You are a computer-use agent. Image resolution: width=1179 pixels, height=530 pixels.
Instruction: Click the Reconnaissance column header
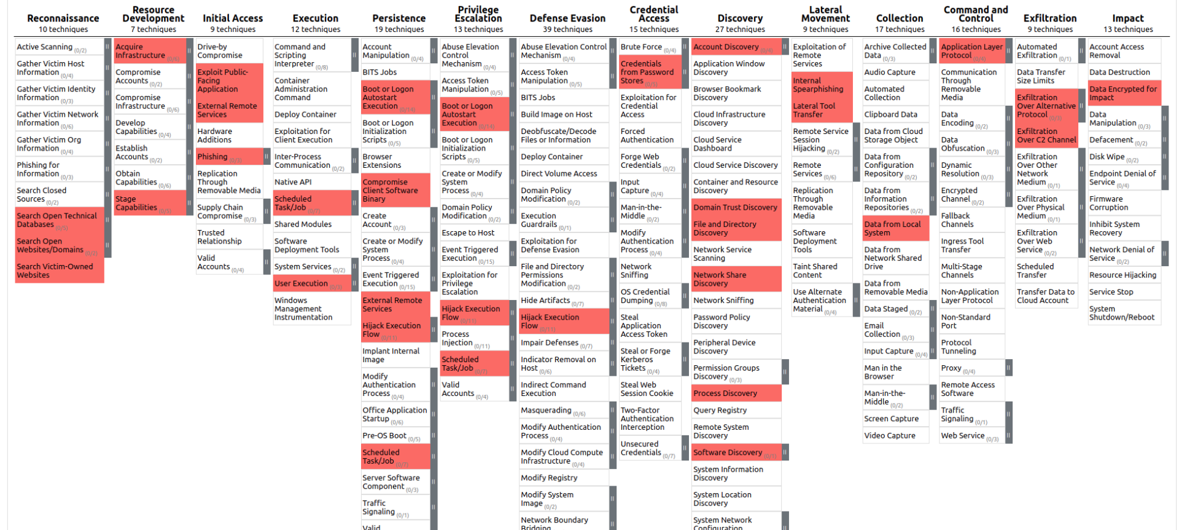point(63,18)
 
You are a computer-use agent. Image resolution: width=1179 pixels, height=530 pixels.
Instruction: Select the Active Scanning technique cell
point(45,47)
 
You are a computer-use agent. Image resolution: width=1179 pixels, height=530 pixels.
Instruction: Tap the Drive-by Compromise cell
point(220,51)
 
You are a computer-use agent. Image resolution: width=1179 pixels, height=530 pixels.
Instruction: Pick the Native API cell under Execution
point(294,182)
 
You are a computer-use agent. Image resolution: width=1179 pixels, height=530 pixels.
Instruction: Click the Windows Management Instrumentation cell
point(303,309)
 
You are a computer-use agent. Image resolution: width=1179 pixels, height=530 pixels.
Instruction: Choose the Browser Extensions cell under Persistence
point(382,161)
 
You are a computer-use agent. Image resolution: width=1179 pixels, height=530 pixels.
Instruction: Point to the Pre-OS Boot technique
point(384,436)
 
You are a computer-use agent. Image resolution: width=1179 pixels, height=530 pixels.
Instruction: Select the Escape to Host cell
point(468,233)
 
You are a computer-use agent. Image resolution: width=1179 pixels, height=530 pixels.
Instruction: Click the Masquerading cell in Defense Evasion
point(546,410)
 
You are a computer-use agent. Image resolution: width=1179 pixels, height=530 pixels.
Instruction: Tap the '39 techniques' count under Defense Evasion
point(567,30)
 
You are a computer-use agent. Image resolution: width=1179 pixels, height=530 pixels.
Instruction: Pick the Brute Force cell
point(641,47)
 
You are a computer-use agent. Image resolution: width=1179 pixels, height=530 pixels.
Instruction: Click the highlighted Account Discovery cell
point(726,47)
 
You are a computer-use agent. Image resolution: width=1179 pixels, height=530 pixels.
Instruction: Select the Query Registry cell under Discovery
point(720,410)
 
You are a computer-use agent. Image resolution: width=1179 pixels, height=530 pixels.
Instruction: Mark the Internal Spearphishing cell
point(818,85)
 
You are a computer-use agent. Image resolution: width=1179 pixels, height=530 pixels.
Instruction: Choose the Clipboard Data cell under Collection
point(891,114)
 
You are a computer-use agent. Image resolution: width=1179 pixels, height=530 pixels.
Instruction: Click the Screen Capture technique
point(892,419)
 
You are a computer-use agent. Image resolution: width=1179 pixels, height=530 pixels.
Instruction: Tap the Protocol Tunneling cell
point(959,347)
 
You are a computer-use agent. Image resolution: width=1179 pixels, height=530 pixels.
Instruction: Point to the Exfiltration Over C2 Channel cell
point(1046,135)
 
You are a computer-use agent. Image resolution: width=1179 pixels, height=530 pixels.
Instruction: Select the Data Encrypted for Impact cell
point(1123,93)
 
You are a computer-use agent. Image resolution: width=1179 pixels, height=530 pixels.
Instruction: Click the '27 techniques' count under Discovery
point(740,30)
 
